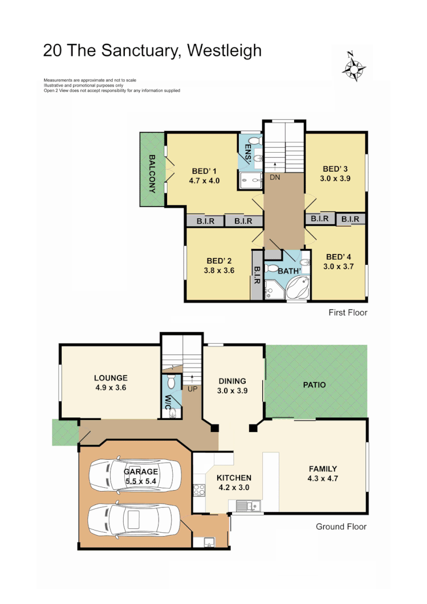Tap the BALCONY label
click(x=152, y=174)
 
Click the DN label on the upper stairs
click(x=275, y=177)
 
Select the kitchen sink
click(x=246, y=505)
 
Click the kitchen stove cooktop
click(x=199, y=489)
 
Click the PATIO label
click(x=314, y=385)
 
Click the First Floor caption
click(x=348, y=312)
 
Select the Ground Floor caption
click(x=341, y=527)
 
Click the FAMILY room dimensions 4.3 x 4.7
click(x=323, y=479)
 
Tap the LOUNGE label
click(x=111, y=378)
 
